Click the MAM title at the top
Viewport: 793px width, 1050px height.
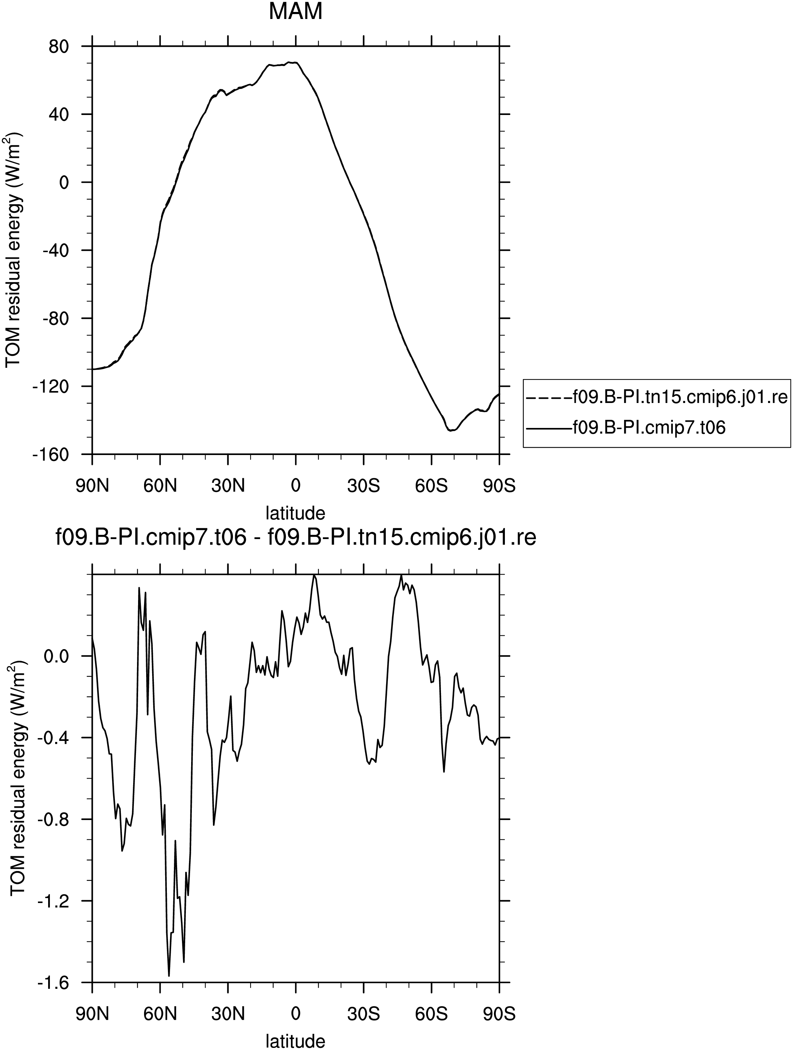click(295, 11)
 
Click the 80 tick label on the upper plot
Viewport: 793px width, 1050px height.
click(59, 46)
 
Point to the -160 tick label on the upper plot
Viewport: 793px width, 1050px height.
click(52, 454)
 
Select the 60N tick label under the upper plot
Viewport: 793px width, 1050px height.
click(160, 486)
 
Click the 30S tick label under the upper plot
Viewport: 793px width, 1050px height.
click(363, 486)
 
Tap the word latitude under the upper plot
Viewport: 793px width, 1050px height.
click(295, 514)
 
